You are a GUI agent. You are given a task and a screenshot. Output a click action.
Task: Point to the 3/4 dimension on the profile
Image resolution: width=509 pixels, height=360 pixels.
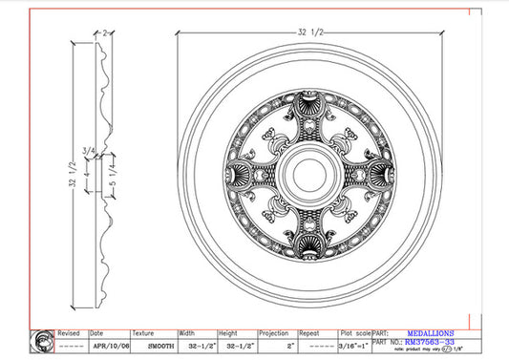(89, 151)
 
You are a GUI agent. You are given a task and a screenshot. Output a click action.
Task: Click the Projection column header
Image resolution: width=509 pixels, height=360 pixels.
(272, 334)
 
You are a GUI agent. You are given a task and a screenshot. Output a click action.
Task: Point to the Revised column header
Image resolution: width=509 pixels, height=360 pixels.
(69, 334)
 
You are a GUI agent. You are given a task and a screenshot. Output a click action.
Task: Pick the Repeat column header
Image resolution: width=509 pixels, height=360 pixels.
(308, 334)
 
